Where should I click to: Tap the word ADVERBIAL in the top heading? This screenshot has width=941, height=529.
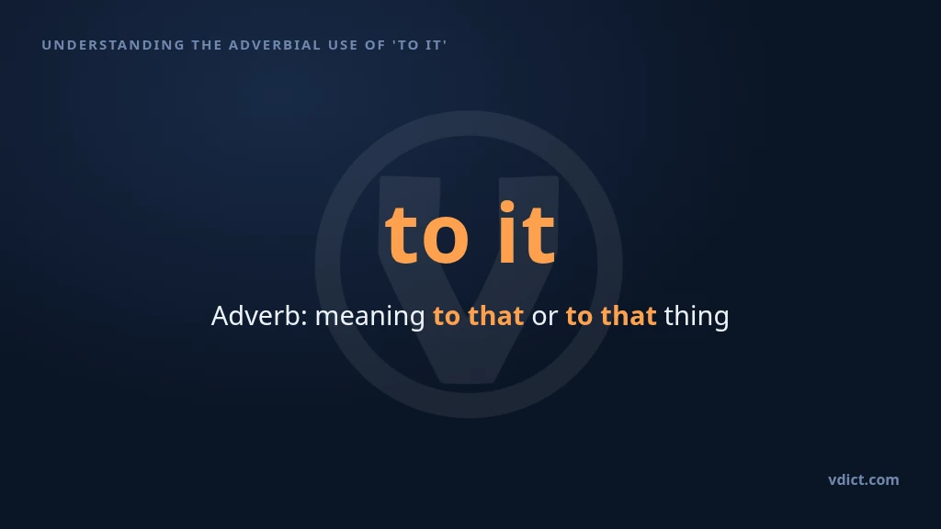[275, 45]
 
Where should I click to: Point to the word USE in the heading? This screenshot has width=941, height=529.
[343, 45]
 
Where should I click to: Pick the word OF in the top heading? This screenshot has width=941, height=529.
[375, 45]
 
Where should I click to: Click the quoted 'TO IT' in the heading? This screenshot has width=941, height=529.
[420, 45]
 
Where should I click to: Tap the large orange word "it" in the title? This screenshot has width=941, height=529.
[527, 232]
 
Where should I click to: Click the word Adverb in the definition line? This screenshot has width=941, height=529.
[257, 316]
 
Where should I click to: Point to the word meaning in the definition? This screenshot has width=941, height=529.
[369, 318]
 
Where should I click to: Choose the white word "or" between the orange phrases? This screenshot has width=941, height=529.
[544, 318]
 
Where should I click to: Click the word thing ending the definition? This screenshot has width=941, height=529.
[697, 317]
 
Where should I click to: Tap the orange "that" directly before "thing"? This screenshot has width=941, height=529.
[629, 316]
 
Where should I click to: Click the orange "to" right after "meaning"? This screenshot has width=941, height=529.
[447, 317]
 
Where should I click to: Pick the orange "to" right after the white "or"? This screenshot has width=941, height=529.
[579, 317]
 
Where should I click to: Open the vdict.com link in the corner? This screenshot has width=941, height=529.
[864, 479]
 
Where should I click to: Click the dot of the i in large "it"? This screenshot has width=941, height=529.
[507, 208]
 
